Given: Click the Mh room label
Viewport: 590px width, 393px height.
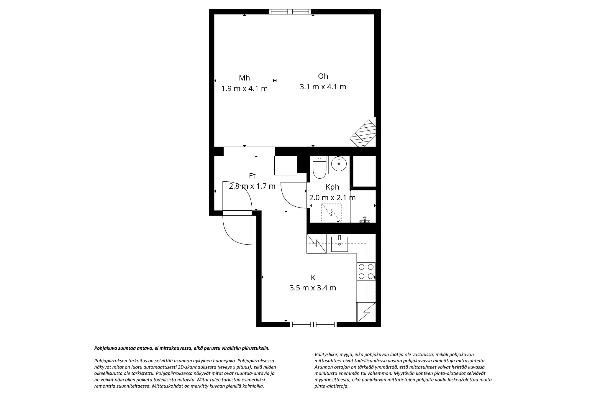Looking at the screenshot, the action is pos(244,78).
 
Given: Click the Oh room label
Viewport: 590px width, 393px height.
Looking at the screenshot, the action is pos(323,76).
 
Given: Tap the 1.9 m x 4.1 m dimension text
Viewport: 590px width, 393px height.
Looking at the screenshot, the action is pos(245,88).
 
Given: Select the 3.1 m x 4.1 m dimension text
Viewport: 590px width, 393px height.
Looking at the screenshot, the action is pos(323,87).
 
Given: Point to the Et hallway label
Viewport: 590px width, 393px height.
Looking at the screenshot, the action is pos(252,176).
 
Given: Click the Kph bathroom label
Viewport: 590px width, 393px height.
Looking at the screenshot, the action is pos(332,187).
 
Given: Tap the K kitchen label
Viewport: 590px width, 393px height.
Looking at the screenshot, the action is pos(313,277).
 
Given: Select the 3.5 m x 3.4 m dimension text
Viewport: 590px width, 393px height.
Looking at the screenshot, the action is pos(313,288).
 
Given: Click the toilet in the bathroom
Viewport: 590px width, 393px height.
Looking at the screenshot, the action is pos(319,167).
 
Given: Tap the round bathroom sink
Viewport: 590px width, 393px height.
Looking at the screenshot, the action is pos(339,164).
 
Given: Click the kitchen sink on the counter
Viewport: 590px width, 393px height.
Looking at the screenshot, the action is pos(340,244).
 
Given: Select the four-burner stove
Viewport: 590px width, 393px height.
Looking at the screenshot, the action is pos(366,271).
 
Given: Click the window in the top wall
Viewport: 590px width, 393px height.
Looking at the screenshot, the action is pos(290,12).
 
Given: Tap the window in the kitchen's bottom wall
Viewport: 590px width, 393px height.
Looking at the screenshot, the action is pos(313,324).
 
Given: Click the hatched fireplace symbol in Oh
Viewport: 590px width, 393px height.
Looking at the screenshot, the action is pos(363,133).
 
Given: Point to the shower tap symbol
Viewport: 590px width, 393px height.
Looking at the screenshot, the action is pos(365,220).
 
